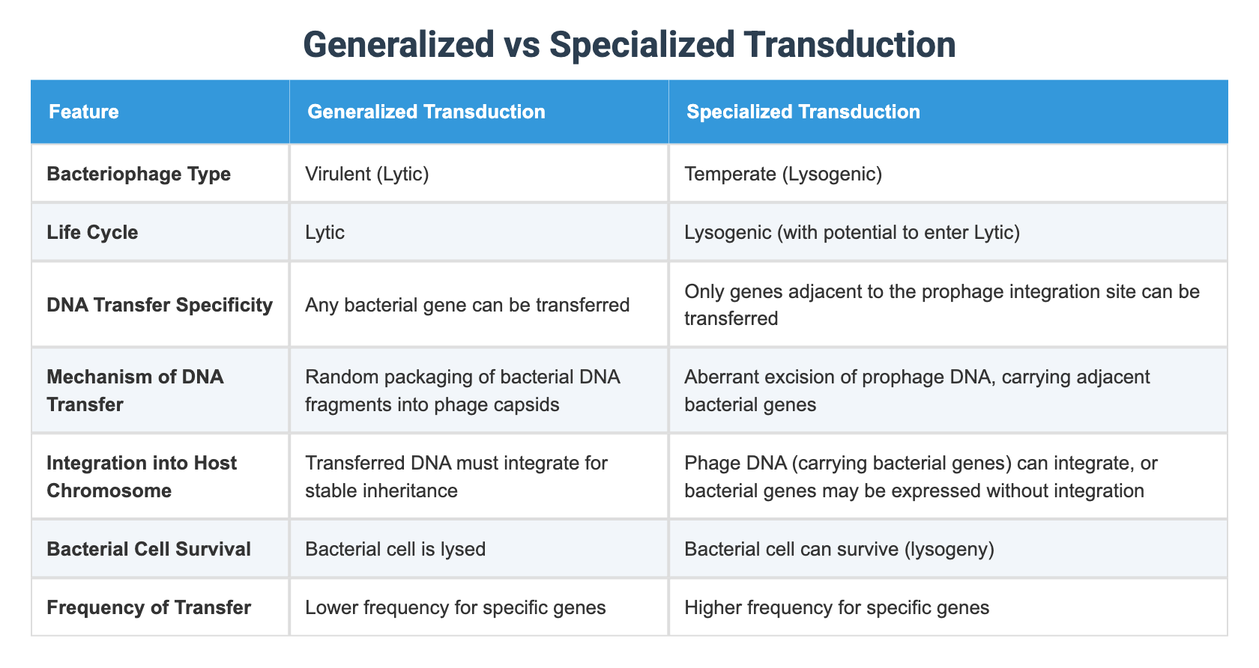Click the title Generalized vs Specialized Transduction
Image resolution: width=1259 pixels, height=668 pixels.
629,45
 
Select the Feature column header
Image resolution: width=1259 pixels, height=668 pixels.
84,112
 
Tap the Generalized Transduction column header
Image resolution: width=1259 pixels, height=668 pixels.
426,112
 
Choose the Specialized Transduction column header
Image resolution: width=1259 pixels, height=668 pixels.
803,112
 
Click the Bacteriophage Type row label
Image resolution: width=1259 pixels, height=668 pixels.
139,174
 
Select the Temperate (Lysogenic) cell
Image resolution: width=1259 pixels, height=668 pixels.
783,174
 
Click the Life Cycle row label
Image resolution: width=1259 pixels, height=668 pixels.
92,232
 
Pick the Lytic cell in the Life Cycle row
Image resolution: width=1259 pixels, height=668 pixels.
325,232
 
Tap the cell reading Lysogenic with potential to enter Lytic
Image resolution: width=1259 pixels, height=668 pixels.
852,232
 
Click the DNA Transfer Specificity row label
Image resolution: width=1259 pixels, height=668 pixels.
160,305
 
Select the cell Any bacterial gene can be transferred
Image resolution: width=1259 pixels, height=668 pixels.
468,305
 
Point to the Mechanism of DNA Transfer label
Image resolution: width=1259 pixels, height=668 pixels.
135,390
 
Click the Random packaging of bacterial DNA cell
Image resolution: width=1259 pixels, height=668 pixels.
462,390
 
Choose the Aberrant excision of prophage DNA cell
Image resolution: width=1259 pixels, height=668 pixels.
917,390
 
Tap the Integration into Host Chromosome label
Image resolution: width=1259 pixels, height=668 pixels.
142,476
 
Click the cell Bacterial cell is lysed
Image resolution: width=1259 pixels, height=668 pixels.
396,549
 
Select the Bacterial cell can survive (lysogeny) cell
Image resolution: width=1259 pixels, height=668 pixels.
839,549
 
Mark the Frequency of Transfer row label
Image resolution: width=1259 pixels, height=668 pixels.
148,607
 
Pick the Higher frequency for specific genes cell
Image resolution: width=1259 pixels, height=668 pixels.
836,607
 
